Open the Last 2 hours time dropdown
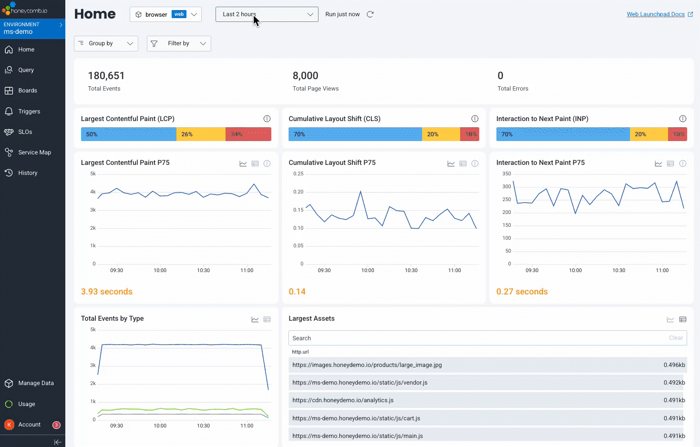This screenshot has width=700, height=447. point(267,14)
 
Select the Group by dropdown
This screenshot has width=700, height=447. point(106,43)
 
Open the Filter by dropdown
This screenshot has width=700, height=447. point(179,43)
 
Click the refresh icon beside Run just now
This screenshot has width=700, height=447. point(370,14)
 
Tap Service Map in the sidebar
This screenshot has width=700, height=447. point(34,152)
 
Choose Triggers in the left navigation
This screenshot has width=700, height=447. point(29,112)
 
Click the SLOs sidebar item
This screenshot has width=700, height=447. point(25,132)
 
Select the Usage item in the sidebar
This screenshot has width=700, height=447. point(27,404)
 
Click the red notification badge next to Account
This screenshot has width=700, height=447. point(56,425)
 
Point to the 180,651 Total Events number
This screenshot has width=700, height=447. point(106,76)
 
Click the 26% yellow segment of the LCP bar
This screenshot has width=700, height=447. point(200,134)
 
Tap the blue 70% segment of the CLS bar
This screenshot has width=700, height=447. point(355,134)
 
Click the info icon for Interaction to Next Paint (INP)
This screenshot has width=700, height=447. point(683,119)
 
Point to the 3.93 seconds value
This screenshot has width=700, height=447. point(107,292)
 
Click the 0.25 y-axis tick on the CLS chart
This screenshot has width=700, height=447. point(298,174)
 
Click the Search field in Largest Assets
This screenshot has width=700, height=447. point(477,338)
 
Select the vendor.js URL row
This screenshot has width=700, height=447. point(360,383)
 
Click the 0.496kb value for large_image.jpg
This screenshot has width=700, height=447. point(674,365)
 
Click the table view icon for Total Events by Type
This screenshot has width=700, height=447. point(267,319)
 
